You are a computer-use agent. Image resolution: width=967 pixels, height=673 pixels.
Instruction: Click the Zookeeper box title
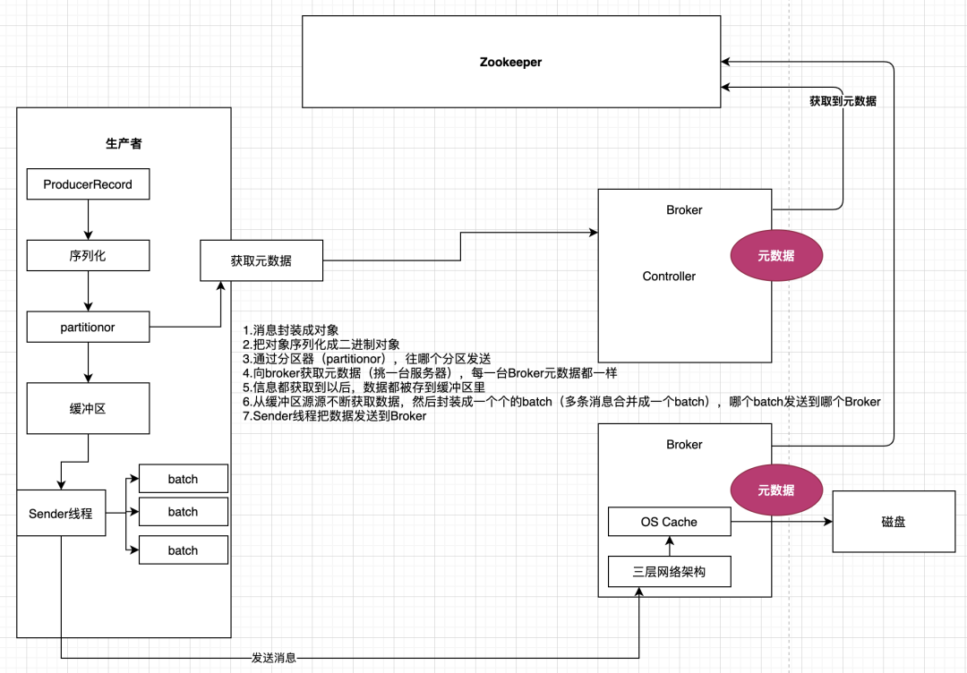coord(510,63)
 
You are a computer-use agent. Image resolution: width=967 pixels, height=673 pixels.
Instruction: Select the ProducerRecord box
coord(88,184)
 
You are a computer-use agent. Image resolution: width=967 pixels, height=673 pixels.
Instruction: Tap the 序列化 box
coord(88,256)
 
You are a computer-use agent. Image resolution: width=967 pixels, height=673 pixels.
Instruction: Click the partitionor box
coord(88,328)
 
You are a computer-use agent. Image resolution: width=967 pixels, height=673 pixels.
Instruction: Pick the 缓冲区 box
coord(88,409)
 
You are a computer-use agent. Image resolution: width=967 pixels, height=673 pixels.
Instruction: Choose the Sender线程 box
coord(61,514)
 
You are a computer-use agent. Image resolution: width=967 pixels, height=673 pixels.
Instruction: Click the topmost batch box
coord(184,479)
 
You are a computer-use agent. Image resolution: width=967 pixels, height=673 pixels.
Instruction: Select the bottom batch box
coord(184,550)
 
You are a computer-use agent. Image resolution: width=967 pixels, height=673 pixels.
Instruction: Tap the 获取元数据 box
coord(261,260)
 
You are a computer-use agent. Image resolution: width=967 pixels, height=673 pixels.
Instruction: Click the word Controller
coord(669,277)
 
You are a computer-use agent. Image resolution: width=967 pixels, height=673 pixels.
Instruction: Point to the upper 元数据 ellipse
coord(776,256)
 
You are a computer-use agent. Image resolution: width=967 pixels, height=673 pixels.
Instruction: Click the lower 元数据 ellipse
coord(776,490)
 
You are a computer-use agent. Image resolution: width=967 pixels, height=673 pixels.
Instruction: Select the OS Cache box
coord(670,522)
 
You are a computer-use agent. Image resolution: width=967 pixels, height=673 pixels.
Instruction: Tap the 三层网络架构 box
coord(670,572)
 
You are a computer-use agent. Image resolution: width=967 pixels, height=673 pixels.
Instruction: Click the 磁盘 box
coord(894,522)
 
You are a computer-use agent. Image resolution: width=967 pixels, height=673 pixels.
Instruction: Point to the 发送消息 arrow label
coord(274,658)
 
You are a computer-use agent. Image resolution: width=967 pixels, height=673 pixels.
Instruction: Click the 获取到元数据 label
coord(843,101)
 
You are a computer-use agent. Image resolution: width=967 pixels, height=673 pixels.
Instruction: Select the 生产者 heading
coord(124,143)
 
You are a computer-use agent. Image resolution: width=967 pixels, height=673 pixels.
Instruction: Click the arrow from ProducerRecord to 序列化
coord(88,220)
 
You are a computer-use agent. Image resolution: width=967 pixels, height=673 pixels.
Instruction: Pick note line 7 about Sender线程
coord(335,416)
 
